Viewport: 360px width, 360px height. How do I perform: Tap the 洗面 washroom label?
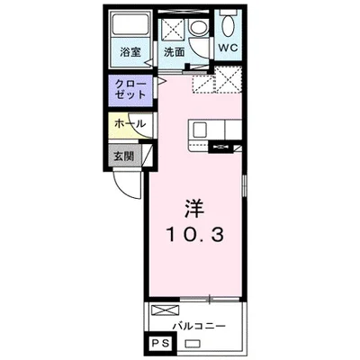pyautogui.click(x=175, y=51)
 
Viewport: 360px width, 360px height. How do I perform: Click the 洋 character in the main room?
pyautogui.click(x=194, y=208)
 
